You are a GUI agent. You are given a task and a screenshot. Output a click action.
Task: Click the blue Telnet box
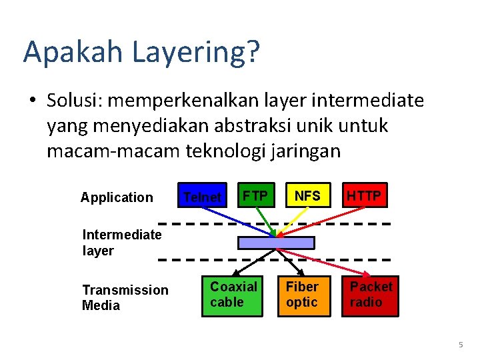[202, 195]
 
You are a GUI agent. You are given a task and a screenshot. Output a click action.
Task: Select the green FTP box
[255, 195]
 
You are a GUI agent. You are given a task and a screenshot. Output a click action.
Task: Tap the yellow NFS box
[307, 195]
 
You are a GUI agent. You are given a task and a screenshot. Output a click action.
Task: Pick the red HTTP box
[364, 195]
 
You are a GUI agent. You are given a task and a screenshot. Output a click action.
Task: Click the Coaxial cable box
[234, 295]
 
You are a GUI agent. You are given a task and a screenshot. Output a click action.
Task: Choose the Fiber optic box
[303, 295]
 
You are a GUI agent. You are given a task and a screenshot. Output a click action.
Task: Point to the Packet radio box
[372, 295]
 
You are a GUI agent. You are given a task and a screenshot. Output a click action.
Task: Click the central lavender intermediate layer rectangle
[276, 243]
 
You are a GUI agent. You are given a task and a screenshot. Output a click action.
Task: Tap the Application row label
[117, 197]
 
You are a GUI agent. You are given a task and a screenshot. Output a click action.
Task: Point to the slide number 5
[461, 345]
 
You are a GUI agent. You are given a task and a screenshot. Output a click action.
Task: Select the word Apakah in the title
[61, 53]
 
